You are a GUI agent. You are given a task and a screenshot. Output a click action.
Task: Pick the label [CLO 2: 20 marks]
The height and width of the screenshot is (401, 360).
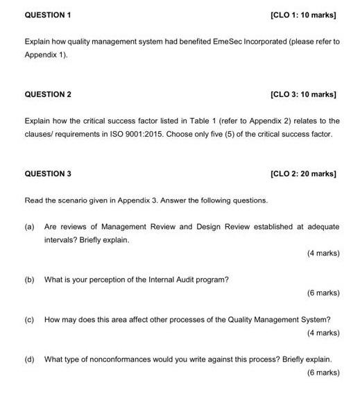click(x=304, y=173)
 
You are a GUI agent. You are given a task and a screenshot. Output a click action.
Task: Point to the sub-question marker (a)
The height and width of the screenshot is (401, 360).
click(x=29, y=227)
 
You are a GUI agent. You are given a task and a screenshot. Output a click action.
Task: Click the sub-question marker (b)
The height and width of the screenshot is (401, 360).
click(x=29, y=280)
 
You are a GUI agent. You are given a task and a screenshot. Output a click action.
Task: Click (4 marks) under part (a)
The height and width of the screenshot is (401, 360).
click(x=323, y=253)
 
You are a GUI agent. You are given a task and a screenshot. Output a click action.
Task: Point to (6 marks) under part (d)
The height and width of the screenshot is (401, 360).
click(x=323, y=373)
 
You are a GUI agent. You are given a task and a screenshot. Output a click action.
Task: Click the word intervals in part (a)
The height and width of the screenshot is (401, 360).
click(x=60, y=240)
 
